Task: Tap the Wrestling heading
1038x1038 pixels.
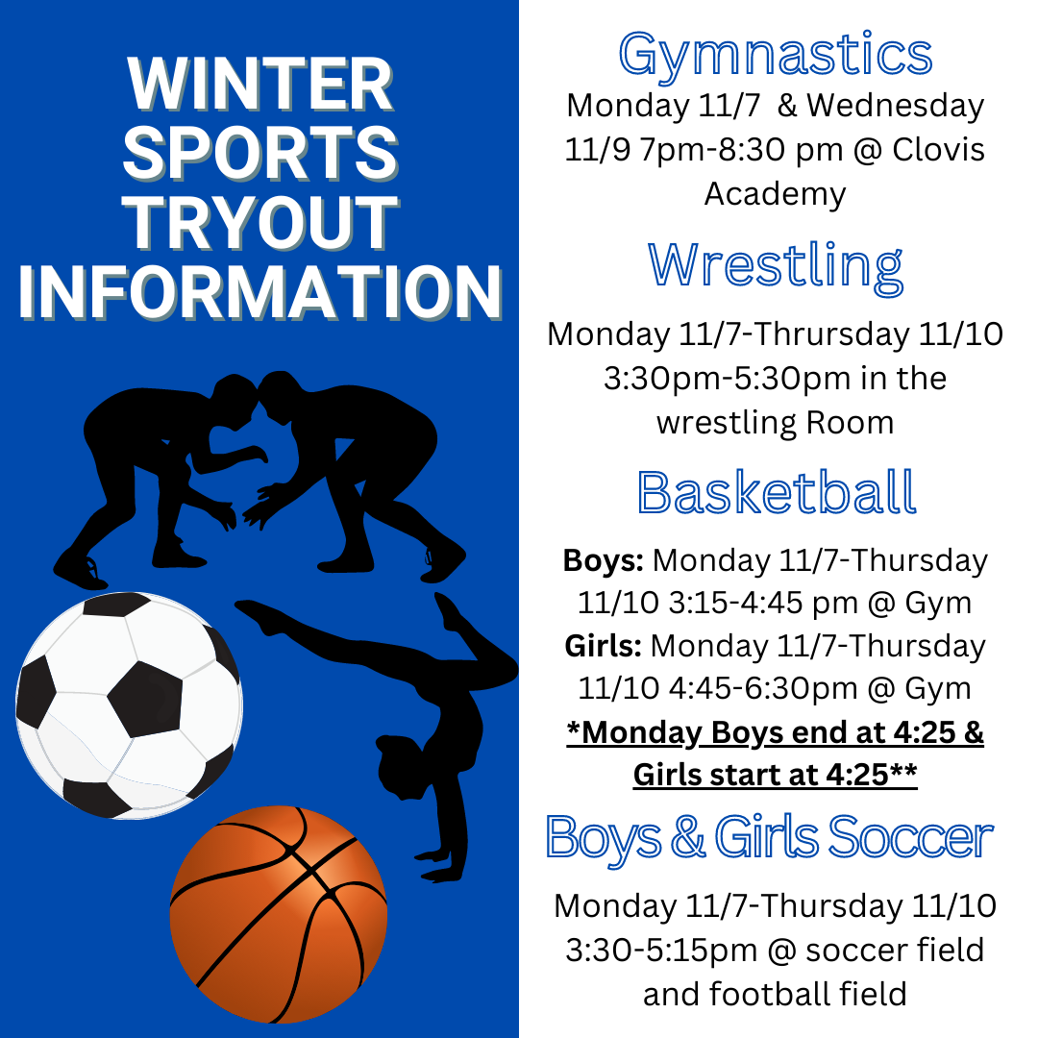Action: (776, 266)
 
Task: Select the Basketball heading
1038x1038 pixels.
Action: (777, 492)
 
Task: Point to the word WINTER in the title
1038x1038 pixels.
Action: (260, 84)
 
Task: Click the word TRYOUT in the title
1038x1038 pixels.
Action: (260, 222)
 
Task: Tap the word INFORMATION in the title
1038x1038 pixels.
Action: (260, 292)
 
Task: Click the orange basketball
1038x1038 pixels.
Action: (279, 914)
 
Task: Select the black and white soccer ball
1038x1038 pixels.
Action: (129, 705)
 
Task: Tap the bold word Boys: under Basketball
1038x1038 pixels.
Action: (603, 560)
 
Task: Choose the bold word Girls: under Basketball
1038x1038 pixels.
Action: (603, 646)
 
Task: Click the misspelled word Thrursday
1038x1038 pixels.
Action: (831, 334)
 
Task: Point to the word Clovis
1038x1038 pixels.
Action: (938, 150)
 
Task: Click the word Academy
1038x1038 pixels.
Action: (776, 194)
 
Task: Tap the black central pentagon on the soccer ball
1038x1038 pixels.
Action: (145, 699)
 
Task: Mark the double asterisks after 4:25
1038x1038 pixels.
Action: (903, 771)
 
